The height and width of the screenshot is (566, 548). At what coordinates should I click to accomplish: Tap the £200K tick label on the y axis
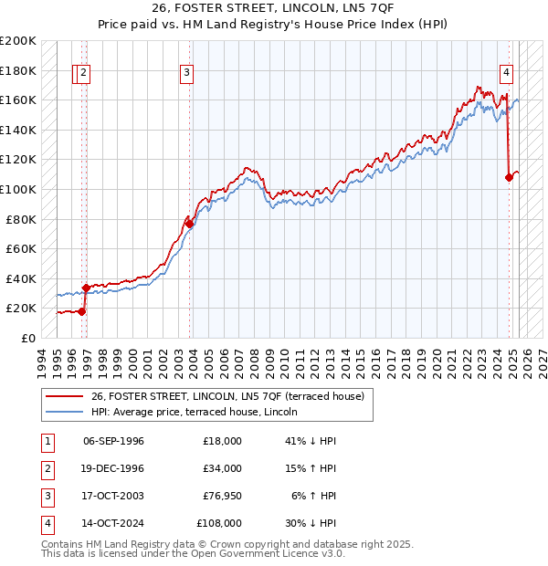coord(18,41)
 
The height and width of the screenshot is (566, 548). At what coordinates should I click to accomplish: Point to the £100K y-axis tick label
coord(18,189)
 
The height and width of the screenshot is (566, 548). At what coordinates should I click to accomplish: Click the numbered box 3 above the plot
coord(186,74)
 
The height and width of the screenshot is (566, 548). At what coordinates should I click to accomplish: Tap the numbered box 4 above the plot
coord(505,74)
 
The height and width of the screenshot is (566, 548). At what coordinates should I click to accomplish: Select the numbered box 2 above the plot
coord(83,74)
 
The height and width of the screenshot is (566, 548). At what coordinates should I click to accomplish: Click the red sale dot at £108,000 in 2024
coord(509,177)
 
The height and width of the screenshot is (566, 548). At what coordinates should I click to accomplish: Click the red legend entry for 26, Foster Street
coord(227,396)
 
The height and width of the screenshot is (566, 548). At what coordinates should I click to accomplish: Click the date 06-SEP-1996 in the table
coord(113,441)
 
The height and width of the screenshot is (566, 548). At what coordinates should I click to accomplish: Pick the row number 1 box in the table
coord(46,441)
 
